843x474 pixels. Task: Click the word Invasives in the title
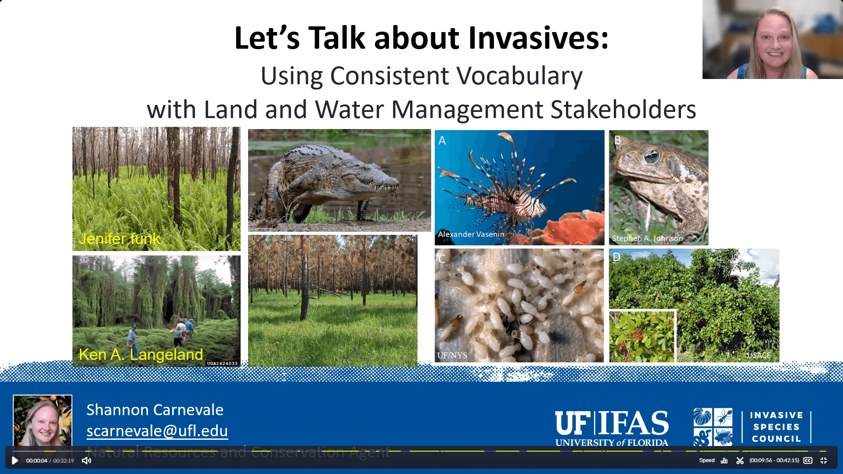(538, 38)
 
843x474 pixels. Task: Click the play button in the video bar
(14, 460)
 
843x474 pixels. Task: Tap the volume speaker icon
(86, 460)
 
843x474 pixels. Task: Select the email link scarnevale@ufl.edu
(157, 431)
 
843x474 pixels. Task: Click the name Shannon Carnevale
(155, 409)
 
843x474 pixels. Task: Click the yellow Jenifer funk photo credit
(119, 239)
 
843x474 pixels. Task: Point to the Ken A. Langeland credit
(140, 355)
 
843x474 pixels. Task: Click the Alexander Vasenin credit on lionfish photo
(471, 234)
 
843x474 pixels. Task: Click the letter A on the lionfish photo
(442, 140)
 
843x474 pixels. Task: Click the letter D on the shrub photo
(616, 257)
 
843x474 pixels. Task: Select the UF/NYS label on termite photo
(452, 355)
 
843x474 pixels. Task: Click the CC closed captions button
(808, 460)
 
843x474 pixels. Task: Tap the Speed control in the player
(706, 460)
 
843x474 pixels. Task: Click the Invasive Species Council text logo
(776, 427)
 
